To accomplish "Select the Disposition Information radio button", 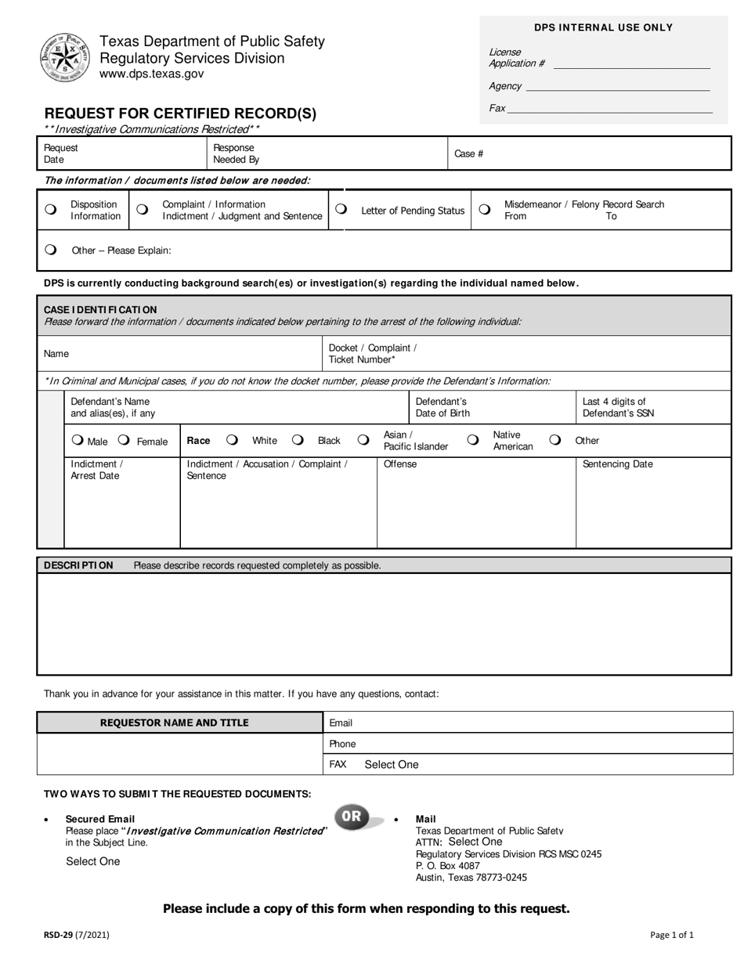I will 51,210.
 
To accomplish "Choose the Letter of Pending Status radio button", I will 341,209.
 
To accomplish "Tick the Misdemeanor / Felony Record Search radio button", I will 485,209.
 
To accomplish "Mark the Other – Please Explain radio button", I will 51,250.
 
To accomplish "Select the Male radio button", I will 77,440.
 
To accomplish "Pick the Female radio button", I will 124,440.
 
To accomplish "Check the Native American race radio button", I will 473,440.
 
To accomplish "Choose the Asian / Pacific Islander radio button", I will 363,440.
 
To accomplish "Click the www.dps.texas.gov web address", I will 151,74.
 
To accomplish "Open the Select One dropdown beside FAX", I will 392,764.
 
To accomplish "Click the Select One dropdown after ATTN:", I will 475,842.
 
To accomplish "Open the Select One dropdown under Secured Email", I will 93,861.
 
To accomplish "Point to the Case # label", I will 468,153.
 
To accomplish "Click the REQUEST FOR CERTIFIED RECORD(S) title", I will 180,114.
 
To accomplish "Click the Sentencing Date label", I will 617,464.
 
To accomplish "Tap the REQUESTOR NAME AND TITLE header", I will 174,723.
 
